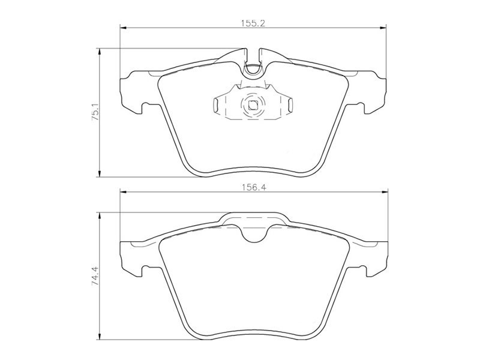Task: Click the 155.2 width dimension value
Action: point(254,22)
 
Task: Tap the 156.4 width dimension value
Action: point(254,187)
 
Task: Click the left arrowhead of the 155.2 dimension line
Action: point(124,27)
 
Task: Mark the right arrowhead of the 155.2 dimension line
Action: point(382,27)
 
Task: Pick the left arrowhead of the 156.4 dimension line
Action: point(124,192)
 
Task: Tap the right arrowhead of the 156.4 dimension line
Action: point(382,192)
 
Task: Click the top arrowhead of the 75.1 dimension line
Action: point(99,52)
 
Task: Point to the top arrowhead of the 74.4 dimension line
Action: point(99,215)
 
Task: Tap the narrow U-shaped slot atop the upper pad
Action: point(253,63)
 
